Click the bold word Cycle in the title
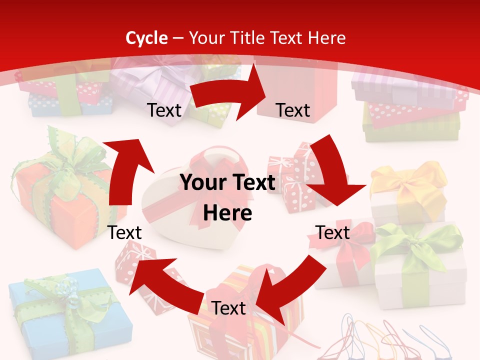tap(146, 38)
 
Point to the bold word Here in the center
tap(227, 213)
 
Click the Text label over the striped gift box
tap(228, 308)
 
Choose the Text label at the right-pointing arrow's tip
tap(293, 110)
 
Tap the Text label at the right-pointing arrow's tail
tap(164, 110)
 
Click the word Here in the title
tap(327, 38)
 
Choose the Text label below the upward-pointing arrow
tap(125, 232)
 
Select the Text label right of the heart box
tap(333, 232)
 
